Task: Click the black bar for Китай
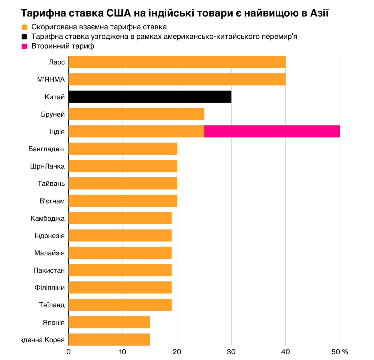[150, 97]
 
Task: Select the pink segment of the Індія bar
[272, 131]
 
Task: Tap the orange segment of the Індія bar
[136, 131]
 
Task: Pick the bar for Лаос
[177, 62]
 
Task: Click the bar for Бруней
[136, 114]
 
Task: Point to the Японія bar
[109, 322]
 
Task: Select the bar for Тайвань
[123, 184]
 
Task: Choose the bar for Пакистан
[120, 270]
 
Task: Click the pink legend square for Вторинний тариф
[24, 46]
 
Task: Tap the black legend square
[24, 37]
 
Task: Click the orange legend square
[24, 27]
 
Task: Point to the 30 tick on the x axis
[231, 352]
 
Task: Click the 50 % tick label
[340, 352]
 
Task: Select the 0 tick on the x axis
[68, 352]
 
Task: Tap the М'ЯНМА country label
[51, 79]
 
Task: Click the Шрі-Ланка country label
[47, 166]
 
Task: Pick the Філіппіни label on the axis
[49, 288]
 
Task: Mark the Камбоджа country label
[47, 218]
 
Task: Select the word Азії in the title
[319, 13]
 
